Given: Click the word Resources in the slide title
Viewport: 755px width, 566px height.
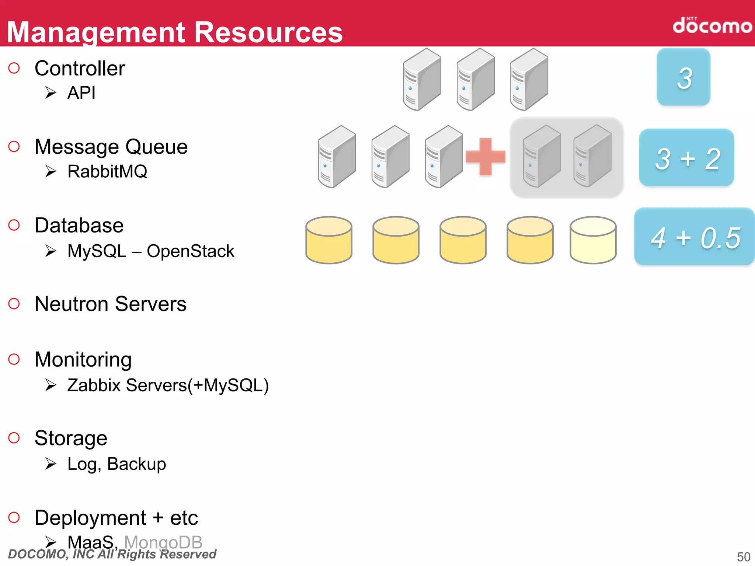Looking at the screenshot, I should pos(268,32).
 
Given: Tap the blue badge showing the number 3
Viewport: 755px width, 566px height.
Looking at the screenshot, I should pos(683,77).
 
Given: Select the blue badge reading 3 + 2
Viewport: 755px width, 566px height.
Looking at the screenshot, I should pos(686,158).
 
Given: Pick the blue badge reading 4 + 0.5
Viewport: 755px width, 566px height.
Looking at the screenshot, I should pos(695,237).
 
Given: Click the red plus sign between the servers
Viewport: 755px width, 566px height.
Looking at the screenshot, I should pos(485,157).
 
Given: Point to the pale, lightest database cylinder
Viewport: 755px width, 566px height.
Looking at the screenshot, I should pos(593,240).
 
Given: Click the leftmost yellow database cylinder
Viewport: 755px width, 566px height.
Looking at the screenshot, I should pos(329,240).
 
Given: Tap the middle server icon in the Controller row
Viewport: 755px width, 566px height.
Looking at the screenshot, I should pos(475,79).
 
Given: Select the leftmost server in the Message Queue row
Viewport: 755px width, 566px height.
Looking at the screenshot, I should pos(337,157).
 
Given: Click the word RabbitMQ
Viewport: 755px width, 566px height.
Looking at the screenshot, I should pos(107,171).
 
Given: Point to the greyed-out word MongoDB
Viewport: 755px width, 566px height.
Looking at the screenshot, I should pos(163,542).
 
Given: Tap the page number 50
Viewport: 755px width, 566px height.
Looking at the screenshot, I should pos(743,556).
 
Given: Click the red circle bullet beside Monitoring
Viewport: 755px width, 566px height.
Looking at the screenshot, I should pos(14,359).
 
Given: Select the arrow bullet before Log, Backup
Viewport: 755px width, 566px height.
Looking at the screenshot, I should pos(51,464).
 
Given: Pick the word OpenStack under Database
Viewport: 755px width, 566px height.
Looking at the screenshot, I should pos(190,251).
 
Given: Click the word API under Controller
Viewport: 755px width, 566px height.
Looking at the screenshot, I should pos(81,92).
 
